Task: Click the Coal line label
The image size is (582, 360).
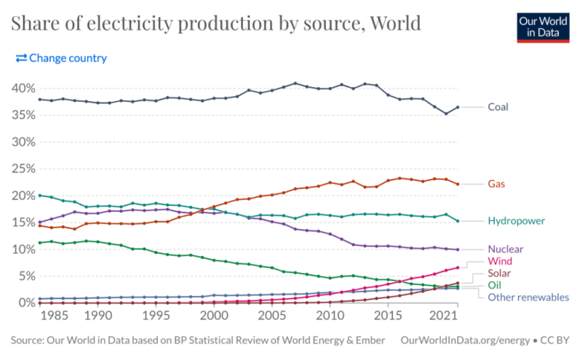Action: coord(498,107)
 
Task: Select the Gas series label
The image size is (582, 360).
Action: coord(496,185)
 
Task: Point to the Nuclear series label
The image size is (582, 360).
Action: coord(505,249)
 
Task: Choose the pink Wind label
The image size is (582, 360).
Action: coord(500,260)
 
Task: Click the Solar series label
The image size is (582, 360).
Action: coord(501,273)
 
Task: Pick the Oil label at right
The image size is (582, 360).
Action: coord(495,285)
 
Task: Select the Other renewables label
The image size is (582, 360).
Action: coord(528,297)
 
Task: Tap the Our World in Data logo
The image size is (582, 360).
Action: coord(542,27)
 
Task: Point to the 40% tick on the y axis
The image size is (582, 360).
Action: coord(21,88)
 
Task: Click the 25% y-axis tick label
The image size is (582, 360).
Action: coord(21,169)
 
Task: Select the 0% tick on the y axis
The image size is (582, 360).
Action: coord(24,303)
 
